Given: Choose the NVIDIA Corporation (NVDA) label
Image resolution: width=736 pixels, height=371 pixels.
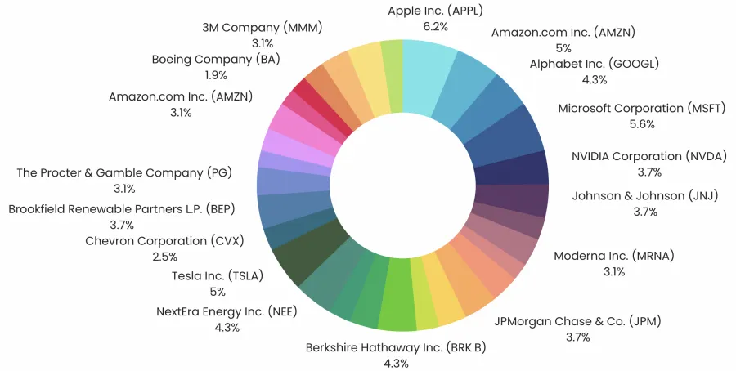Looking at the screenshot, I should coord(648,156).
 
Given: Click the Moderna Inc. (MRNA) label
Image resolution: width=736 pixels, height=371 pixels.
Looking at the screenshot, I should coord(613,256).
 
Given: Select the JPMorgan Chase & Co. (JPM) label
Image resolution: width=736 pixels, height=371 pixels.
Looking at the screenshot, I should coord(577,321).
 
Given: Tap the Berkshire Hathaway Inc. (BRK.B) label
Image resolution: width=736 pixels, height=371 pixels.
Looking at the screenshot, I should coord(395,348).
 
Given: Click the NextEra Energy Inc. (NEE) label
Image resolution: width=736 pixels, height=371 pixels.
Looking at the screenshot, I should coord(227,311).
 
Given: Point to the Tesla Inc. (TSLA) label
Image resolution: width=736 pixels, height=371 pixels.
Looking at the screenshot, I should coord(217,275).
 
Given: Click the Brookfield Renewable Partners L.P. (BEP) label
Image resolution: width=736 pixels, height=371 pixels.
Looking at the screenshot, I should coord(120,208).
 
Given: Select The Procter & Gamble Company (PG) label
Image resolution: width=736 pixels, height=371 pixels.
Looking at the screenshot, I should coord(124,173).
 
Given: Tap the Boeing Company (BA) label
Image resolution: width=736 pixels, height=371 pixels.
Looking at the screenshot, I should coord(214,59).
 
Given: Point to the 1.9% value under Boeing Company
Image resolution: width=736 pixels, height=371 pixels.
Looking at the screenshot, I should coord(214,75).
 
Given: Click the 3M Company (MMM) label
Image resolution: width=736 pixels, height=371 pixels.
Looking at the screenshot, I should coord(263,27).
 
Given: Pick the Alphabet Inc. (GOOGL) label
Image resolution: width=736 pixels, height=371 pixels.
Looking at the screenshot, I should coord(594,64).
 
